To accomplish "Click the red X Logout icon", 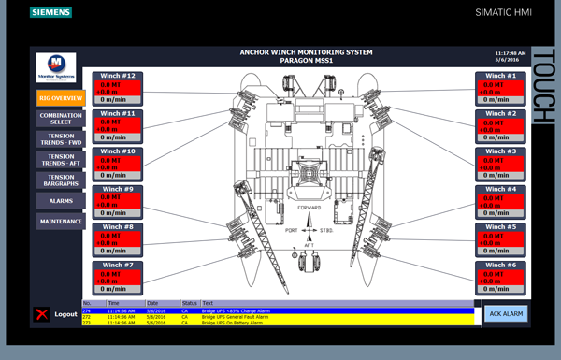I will tap(40, 314).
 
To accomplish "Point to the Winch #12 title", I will tap(119, 76).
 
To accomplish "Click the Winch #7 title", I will tap(119, 266).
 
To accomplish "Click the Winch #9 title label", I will tap(119, 190).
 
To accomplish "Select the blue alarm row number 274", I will tap(280, 310).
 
